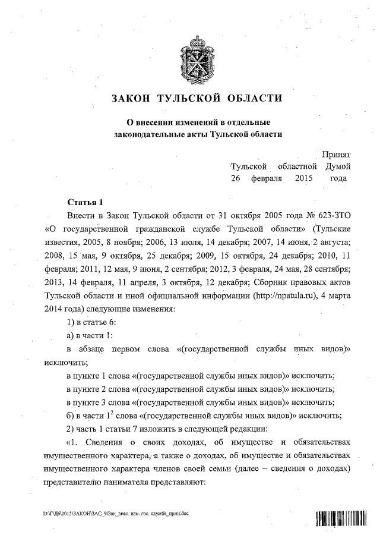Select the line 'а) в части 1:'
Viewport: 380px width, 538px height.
point(94,334)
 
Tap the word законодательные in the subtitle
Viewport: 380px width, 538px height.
point(151,135)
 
